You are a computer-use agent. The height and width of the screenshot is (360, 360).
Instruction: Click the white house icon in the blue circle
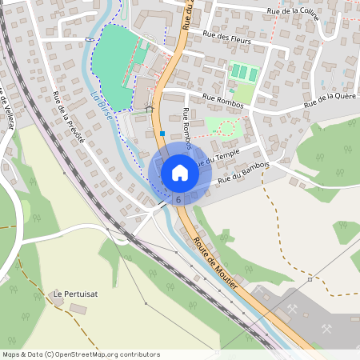(179, 172)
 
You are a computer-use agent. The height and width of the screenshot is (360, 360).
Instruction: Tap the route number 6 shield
(178, 198)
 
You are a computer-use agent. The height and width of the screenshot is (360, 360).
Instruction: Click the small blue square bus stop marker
(162, 134)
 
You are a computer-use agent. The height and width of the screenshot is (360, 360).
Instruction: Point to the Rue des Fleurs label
(228, 38)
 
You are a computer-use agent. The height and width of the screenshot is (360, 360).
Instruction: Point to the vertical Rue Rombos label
(186, 129)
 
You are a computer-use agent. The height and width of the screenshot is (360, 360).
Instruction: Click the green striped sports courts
(244, 73)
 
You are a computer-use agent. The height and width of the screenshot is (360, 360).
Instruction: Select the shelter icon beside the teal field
(149, 109)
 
